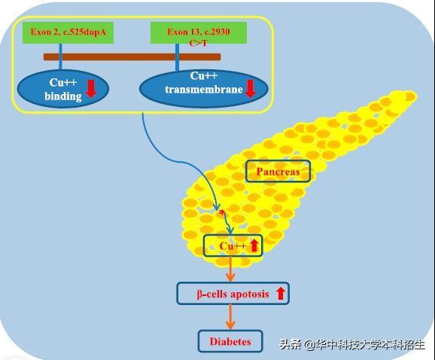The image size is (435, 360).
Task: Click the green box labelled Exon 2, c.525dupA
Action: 68,32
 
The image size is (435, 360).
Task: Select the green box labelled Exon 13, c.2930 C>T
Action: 199,32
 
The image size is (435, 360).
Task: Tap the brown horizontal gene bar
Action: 132,57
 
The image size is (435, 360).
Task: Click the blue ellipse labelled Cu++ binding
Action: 63,89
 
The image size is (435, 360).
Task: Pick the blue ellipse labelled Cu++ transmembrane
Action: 204,89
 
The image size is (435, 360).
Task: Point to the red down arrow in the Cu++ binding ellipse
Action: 91,89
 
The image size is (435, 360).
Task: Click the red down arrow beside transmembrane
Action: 250,89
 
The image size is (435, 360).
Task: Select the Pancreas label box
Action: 278,171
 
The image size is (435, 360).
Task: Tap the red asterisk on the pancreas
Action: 222,213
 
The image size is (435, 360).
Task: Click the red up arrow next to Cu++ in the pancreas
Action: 254,246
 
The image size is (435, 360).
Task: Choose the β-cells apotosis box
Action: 233,294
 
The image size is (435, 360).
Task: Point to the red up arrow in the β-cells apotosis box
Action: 281,294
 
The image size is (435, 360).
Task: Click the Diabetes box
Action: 230,341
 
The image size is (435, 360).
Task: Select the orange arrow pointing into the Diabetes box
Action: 230,317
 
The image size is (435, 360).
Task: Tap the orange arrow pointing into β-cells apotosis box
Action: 230,269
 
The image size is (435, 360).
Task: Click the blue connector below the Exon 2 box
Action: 60,56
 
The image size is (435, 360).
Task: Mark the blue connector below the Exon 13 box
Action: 178,57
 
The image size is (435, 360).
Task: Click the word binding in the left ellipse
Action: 63,96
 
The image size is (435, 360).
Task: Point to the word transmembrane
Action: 204,90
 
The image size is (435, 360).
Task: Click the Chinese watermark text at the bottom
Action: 352,345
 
